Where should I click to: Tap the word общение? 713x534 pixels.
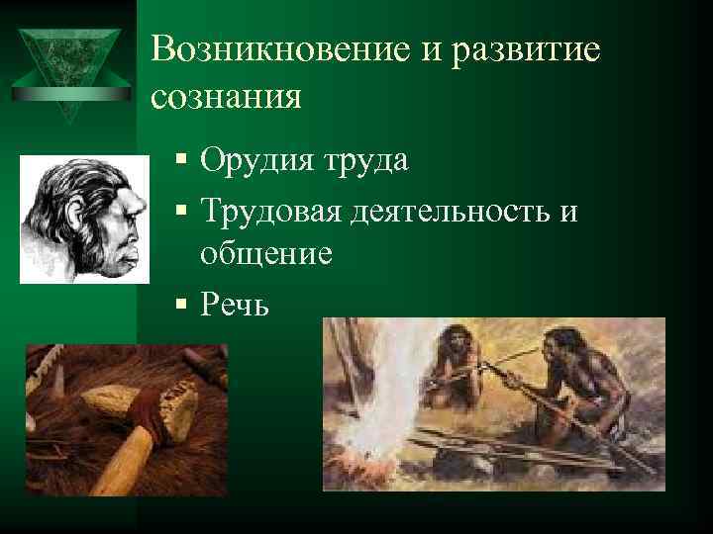[x=265, y=255]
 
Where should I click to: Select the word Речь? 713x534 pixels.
[x=234, y=303]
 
